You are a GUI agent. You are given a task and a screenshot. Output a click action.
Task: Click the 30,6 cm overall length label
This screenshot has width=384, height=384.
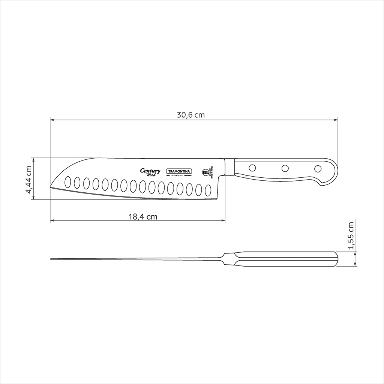191,115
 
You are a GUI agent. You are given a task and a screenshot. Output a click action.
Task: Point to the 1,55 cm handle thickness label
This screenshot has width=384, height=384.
351,235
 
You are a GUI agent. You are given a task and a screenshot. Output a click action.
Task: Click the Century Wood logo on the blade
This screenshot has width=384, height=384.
150,172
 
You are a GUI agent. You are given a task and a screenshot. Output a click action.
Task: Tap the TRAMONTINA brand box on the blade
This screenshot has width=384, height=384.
179,171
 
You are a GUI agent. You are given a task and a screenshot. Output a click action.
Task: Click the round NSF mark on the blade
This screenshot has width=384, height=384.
205,172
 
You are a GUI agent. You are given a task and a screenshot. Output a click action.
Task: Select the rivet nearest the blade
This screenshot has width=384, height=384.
252,167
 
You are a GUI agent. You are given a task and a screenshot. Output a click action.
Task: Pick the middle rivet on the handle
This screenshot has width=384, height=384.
285,168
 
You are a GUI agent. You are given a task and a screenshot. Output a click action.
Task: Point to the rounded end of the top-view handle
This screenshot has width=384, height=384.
337,259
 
